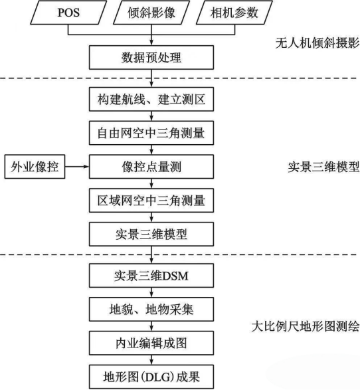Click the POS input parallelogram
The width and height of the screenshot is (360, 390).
click(68, 13)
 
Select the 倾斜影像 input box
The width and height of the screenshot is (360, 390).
click(151, 13)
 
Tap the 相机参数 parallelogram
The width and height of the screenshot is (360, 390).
click(234, 13)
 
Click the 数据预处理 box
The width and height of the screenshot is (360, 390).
click(151, 57)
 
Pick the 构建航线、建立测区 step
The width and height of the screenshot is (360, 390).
click(151, 99)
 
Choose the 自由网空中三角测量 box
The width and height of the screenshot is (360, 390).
click(151, 133)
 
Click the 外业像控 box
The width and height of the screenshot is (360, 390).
click(35, 167)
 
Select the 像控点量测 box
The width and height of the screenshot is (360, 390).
click(151, 167)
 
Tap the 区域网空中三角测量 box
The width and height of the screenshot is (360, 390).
click(151, 201)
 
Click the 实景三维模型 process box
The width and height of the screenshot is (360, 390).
click(151, 235)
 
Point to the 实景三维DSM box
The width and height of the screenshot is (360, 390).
click(151, 276)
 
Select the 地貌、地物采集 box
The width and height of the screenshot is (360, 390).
click(151, 310)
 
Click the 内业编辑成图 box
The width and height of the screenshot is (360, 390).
click(151, 343)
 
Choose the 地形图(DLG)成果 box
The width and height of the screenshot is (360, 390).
click(151, 377)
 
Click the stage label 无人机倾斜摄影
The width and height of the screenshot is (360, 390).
click(317, 43)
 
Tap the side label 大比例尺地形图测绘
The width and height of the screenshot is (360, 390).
click(306, 326)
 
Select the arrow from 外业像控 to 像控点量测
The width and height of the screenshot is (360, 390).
click(77, 167)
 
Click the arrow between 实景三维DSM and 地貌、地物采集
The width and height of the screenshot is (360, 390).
click(151, 292)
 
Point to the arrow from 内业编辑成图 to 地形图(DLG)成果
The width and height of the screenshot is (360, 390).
click(151, 360)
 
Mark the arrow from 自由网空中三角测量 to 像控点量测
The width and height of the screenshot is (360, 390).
click(151, 149)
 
